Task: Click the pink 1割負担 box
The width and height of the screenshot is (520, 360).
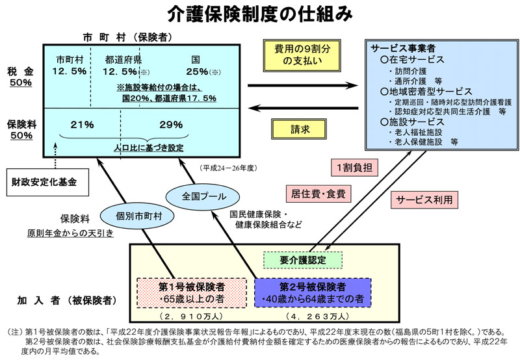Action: [x=355, y=167]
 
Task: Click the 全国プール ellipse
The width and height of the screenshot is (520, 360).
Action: [x=196, y=196]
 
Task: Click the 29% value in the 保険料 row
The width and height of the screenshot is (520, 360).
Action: [x=170, y=123]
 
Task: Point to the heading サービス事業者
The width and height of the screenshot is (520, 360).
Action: [x=402, y=49]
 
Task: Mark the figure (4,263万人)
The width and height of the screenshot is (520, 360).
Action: [x=313, y=317]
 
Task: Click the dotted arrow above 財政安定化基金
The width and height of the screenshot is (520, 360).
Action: [x=53, y=162]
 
